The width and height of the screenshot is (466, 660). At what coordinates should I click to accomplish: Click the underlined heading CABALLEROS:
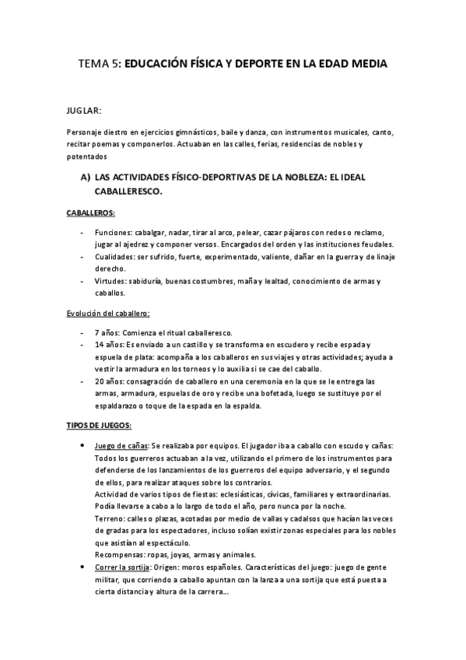click(x=91, y=212)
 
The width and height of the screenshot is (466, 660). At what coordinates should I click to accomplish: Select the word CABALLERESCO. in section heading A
click(x=128, y=191)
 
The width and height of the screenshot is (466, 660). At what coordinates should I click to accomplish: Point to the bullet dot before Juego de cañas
click(x=83, y=446)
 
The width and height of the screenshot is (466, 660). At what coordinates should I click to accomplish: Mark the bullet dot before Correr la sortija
click(x=83, y=568)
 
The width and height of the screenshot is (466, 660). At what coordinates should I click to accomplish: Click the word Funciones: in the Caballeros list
click(x=114, y=232)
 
